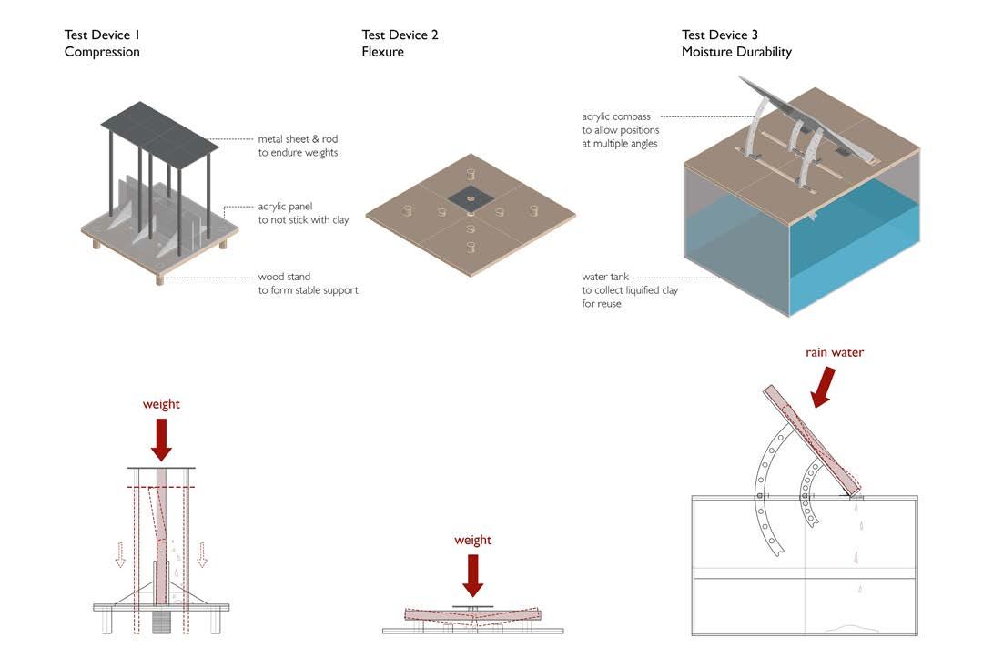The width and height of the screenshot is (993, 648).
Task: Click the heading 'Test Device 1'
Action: [102, 35]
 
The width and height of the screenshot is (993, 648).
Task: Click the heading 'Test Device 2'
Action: [400, 35]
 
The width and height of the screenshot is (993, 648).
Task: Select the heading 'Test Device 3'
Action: [720, 35]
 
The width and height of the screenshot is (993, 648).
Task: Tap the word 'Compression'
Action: [102, 52]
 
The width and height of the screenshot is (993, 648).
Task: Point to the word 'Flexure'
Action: [382, 52]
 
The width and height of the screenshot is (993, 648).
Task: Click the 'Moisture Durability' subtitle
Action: [736, 52]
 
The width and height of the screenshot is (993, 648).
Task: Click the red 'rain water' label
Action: [834, 352]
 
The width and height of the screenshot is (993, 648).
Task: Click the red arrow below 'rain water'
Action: [823, 385]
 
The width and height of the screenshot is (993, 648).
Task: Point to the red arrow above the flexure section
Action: [472, 574]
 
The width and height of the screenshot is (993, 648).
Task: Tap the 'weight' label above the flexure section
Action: [472, 540]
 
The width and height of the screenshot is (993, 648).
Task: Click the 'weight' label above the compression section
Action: [161, 403]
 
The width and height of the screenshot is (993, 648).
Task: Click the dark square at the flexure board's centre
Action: [471, 195]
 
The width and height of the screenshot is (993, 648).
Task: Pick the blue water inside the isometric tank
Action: [846, 246]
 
